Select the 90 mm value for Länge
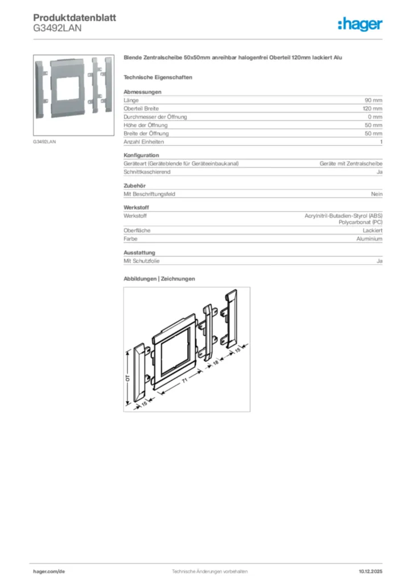(x=373, y=100)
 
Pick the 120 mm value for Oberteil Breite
(x=372, y=108)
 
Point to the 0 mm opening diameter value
(x=374, y=117)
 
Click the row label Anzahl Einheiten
(x=143, y=141)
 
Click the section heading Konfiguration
(x=141, y=155)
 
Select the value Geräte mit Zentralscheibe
(x=351, y=163)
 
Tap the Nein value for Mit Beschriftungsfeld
(x=376, y=194)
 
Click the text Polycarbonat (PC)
(x=360, y=222)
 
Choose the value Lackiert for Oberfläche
(x=372, y=231)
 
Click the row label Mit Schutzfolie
(x=142, y=261)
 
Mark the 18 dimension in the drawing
(x=216, y=361)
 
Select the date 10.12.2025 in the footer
(x=370, y=571)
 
